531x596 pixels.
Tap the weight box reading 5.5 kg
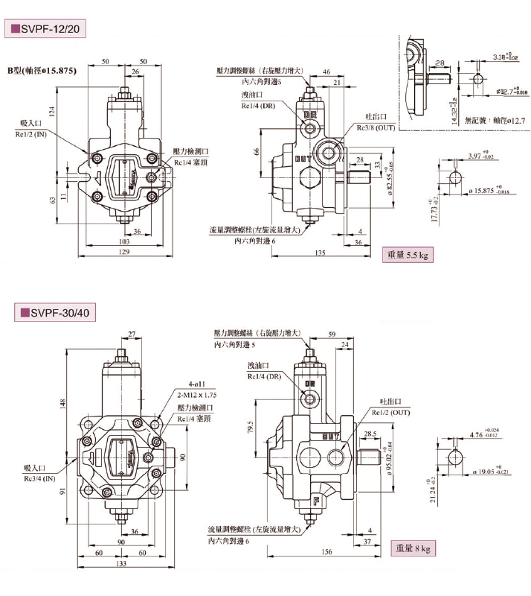tap(408, 255)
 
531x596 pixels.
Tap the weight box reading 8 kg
tap(414, 549)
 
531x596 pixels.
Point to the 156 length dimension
tap(326, 552)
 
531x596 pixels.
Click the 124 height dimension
tap(52, 112)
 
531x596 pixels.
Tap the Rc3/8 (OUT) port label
tap(375, 128)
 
